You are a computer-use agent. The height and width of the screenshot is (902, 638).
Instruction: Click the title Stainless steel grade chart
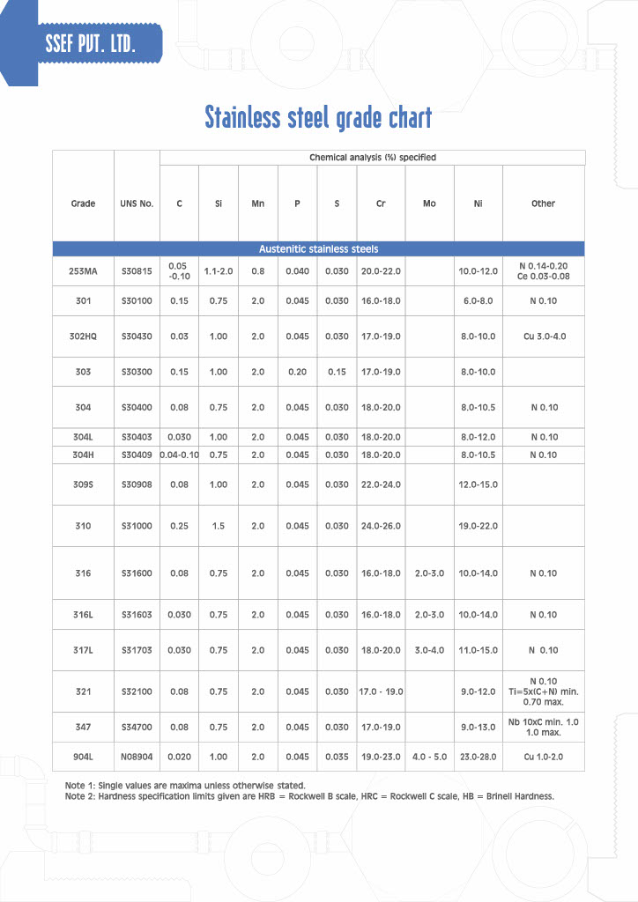click(318, 117)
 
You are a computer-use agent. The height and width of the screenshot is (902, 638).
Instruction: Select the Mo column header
click(429, 203)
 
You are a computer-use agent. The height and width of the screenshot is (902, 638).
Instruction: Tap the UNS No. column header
click(137, 203)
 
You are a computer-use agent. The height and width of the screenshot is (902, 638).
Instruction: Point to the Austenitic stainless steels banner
click(318, 249)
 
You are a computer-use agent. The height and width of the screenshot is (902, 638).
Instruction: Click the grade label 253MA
click(83, 271)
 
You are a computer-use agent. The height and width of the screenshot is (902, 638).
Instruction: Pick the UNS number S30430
click(137, 336)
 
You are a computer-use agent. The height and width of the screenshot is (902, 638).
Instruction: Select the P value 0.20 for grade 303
click(297, 372)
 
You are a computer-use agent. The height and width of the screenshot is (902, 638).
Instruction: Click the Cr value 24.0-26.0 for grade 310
click(381, 526)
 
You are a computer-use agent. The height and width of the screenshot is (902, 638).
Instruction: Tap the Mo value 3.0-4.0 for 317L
click(429, 650)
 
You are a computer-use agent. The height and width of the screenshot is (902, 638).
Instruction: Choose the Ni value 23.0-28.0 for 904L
click(478, 757)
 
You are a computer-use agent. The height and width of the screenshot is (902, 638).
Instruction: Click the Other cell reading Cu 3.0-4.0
click(543, 336)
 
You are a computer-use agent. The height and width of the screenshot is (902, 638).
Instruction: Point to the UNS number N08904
click(137, 757)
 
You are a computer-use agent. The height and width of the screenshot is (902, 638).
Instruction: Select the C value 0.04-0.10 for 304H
click(179, 455)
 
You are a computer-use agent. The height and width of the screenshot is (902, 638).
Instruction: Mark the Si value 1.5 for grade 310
click(219, 526)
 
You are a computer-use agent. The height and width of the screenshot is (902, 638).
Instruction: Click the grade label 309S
click(83, 484)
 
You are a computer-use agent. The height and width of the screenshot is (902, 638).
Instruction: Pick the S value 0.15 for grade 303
click(337, 372)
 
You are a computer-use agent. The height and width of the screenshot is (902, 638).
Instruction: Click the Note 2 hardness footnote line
click(309, 796)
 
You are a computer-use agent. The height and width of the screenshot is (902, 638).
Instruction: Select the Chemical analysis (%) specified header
click(372, 158)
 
